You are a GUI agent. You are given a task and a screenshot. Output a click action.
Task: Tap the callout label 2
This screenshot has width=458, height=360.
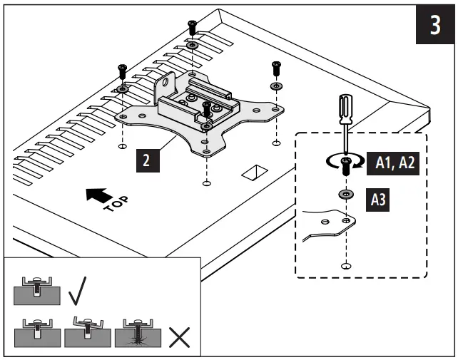(146, 160)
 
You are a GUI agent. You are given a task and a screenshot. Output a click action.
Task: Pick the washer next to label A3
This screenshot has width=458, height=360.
(346, 195)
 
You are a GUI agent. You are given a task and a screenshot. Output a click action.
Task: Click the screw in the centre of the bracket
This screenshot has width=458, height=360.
(206, 110)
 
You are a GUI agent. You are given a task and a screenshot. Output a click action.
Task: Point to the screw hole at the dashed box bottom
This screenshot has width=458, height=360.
(346, 266)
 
